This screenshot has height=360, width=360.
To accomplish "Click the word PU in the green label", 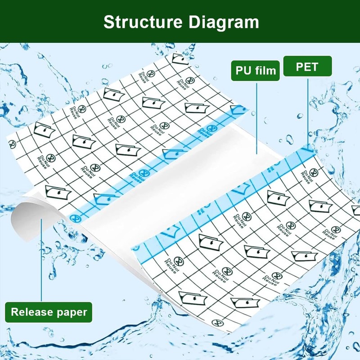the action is point(243,70).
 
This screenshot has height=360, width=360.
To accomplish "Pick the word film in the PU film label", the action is point(265,70).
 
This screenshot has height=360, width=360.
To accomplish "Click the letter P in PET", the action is point(299,67).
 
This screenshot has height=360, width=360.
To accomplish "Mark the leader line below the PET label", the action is point(308,112).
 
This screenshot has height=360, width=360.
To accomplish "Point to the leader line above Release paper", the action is point(41,261).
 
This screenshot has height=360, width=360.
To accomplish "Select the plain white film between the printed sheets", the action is point(180,180).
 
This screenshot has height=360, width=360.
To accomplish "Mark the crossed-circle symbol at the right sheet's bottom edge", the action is point(218,323).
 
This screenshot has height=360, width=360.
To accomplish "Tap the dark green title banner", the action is point(54,21).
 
